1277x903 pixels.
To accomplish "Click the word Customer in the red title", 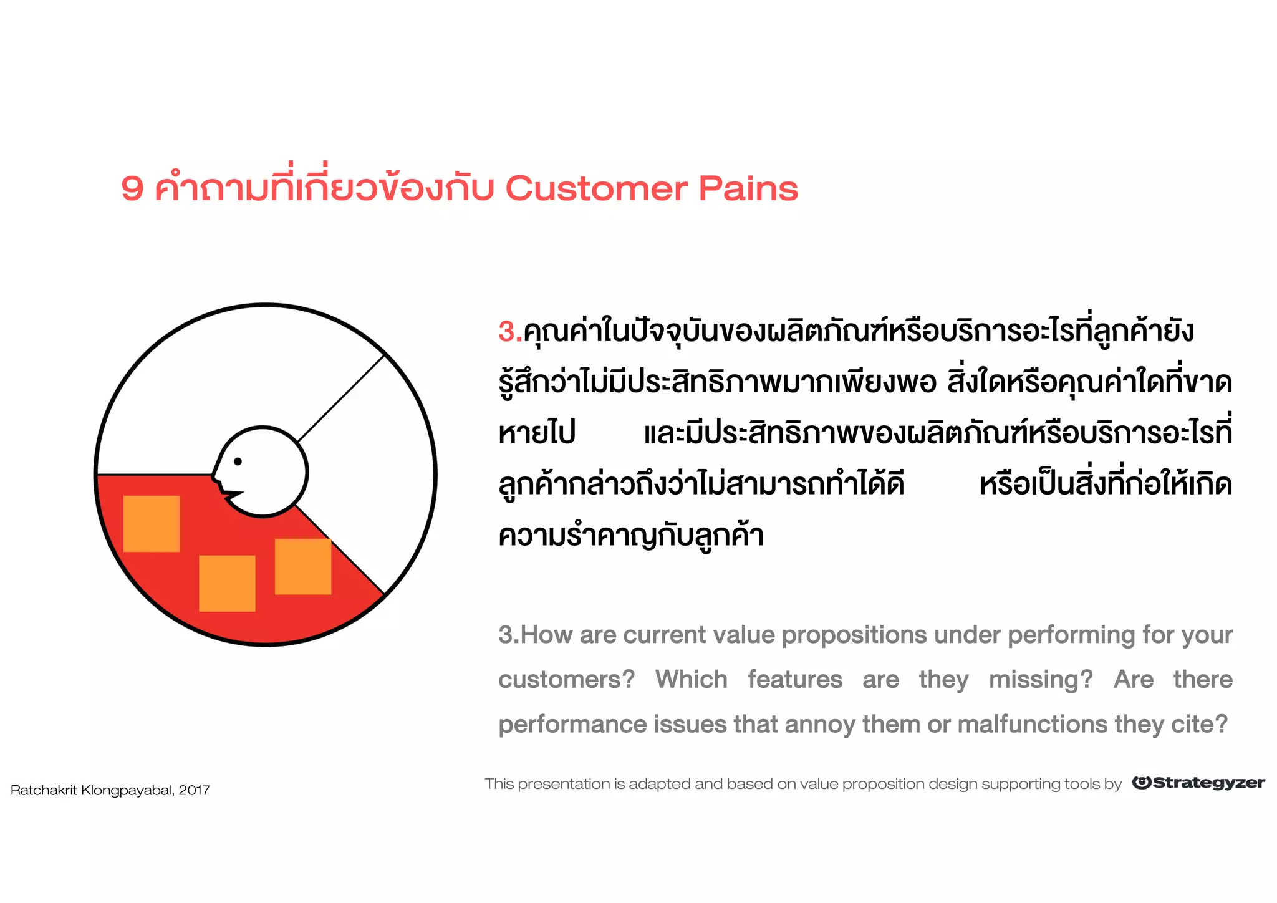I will (x=596, y=188).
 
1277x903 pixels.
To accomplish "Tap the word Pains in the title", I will (x=748, y=188).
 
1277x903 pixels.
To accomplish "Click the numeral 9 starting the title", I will (x=132, y=188).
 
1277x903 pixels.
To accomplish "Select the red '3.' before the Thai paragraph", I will (x=509, y=332).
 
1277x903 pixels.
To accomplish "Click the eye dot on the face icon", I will (x=238, y=461).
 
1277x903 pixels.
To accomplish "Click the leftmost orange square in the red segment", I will (x=152, y=524).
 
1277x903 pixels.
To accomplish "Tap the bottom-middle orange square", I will (x=227, y=583).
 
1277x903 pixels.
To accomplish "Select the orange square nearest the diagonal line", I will (x=303, y=566).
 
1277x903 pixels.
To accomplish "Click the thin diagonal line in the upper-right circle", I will (x=340, y=399).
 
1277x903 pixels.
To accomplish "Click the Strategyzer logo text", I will (x=1208, y=783).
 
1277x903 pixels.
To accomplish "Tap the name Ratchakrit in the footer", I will (x=44, y=791).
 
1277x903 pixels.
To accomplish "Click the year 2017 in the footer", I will (x=194, y=791).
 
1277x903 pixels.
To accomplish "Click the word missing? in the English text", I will (x=1041, y=680).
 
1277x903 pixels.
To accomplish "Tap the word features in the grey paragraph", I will (x=795, y=680).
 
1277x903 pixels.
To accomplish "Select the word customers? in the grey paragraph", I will (x=566, y=680).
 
